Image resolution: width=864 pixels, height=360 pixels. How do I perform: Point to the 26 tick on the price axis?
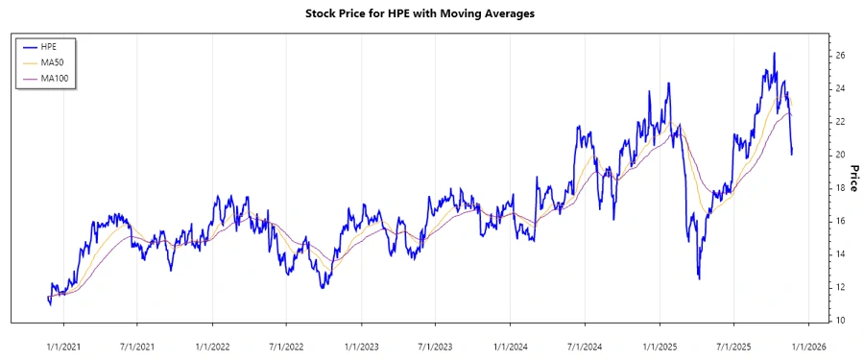[839, 56]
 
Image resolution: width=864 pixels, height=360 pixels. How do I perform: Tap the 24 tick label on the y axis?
[839, 88]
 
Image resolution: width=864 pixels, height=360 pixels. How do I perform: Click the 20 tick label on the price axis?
[839, 155]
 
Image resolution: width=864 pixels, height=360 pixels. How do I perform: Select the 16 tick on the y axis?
[839, 221]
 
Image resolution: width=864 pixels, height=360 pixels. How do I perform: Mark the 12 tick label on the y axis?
[839, 287]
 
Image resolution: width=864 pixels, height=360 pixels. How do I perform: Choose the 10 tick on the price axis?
[839, 320]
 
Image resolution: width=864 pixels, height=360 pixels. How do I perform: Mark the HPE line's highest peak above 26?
[774, 54]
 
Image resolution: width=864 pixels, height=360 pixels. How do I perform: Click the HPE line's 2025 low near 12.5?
[698, 278]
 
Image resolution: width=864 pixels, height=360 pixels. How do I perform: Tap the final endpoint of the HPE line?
[792, 154]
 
